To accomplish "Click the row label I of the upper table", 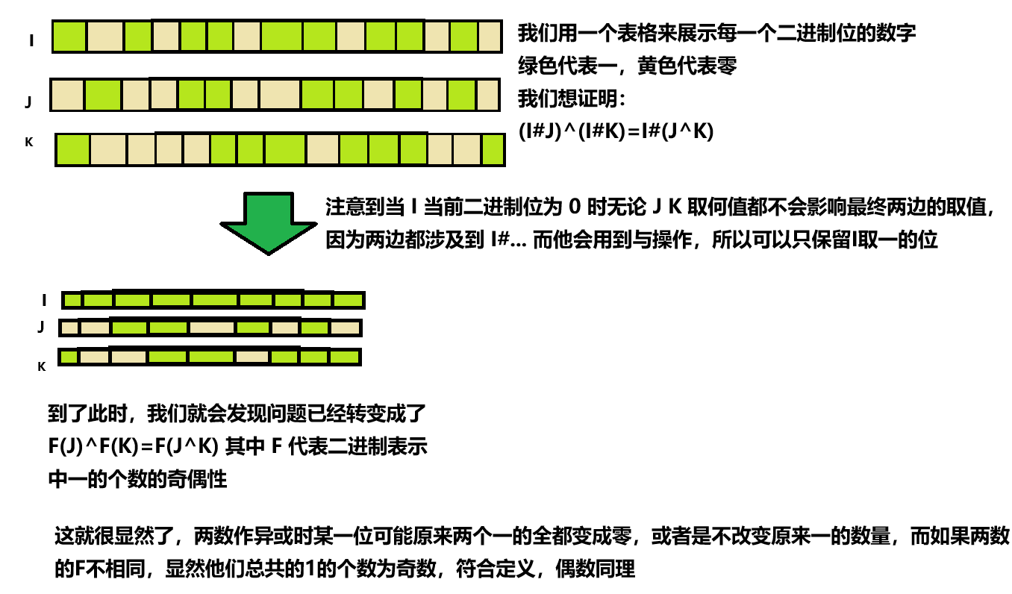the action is tap(31, 40).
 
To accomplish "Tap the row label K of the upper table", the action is tap(29, 141).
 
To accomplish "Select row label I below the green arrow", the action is tap(45, 300).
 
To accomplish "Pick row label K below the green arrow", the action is tap(42, 366).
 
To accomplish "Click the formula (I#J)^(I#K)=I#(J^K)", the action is tap(616, 131).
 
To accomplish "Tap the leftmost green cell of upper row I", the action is tap(69, 37).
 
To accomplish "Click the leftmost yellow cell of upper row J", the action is tap(67, 96).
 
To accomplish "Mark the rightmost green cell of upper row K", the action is tap(492, 150).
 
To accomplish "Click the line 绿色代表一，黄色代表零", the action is tap(628, 66).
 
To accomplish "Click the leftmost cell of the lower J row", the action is tap(69, 327).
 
